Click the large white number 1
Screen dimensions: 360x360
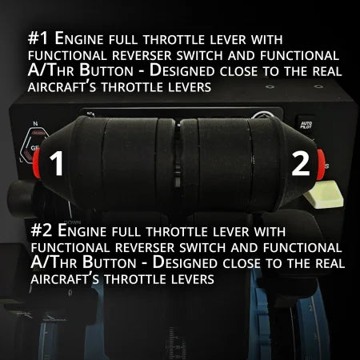pyautogui.click(x=57, y=164)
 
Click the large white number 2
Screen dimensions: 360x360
pyautogui.click(x=300, y=164)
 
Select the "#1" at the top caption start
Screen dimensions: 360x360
pyautogui.click(x=38, y=38)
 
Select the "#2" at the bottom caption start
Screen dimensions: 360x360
pyautogui.click(x=41, y=230)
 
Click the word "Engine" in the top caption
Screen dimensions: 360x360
pyautogui.click(x=85, y=38)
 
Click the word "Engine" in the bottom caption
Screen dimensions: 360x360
pyautogui.click(x=88, y=230)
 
